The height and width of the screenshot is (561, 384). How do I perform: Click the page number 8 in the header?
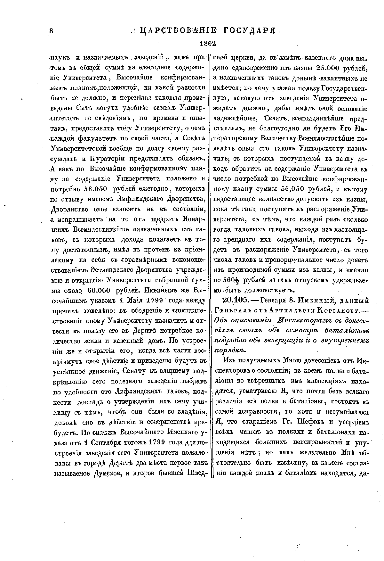[x=51, y=31]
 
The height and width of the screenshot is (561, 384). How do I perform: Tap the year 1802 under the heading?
[x=208, y=44]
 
